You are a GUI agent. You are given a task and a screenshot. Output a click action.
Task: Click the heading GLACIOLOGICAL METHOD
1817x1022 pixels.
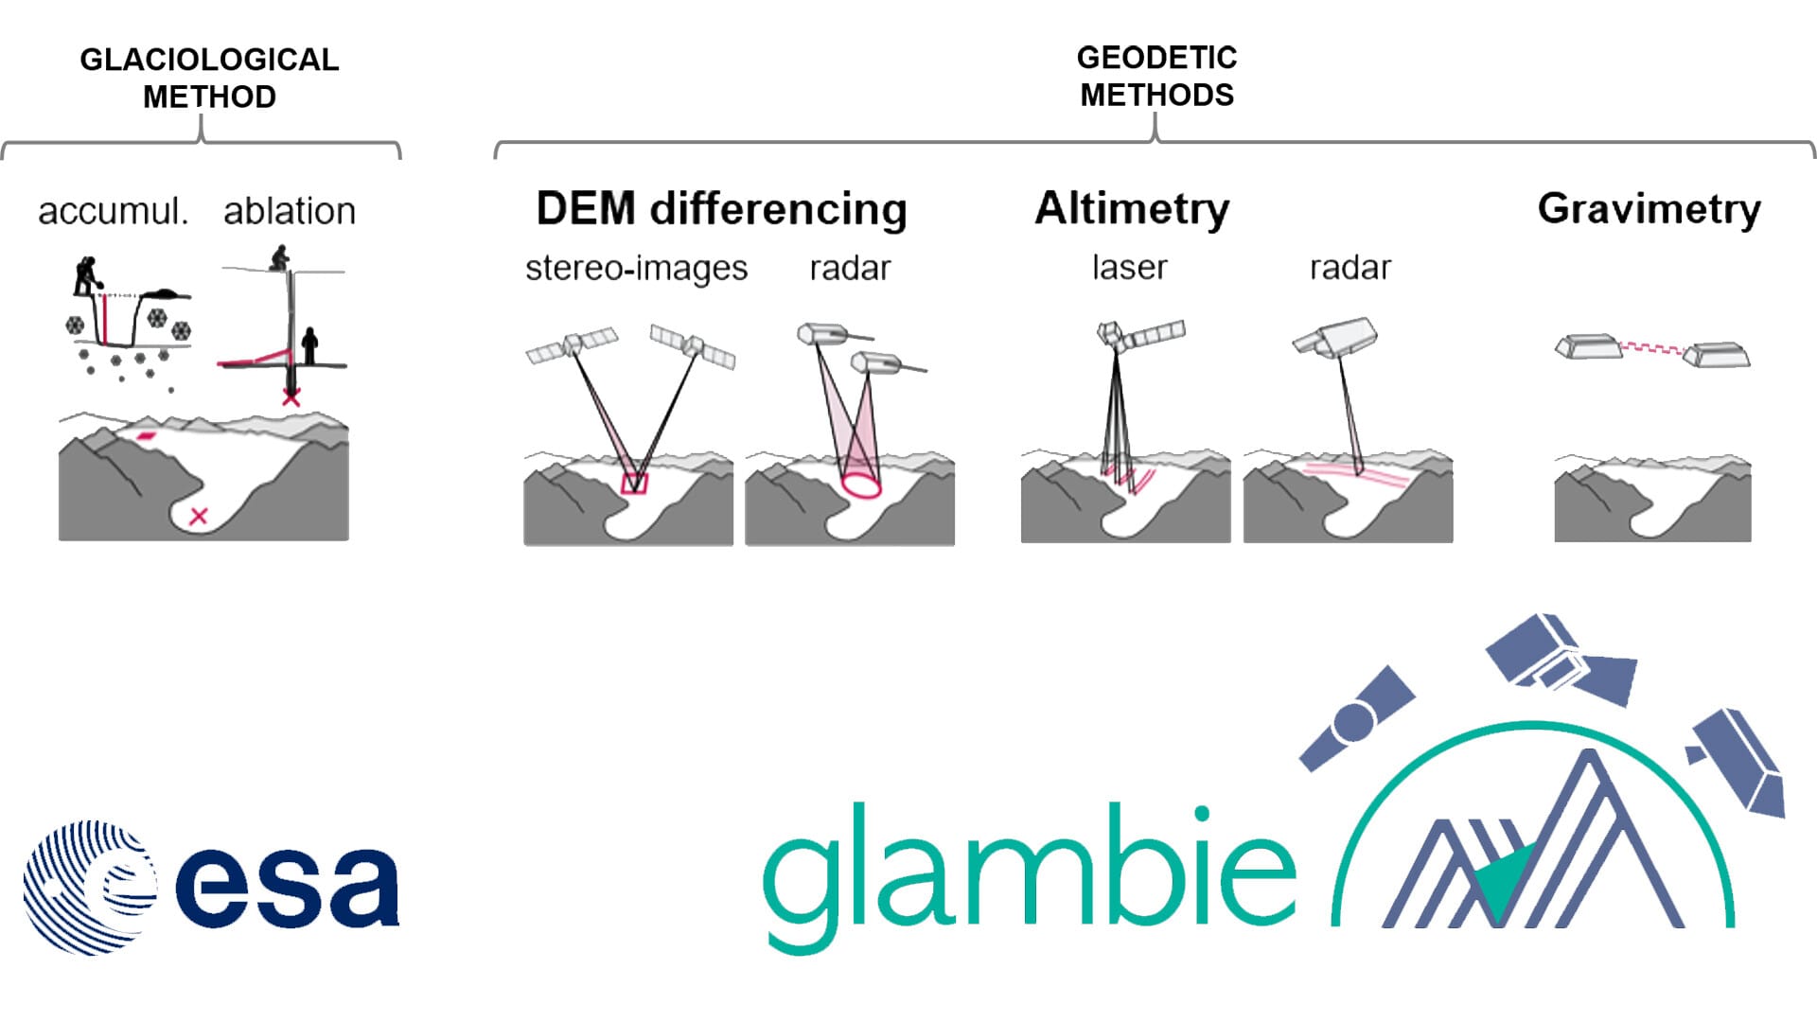coord(209,78)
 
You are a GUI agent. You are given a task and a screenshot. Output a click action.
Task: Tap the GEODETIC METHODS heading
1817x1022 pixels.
coord(1156,76)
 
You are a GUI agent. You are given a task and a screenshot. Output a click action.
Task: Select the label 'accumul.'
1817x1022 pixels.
coord(114,211)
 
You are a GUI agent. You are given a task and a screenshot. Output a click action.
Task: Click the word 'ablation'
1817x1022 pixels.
coord(290,211)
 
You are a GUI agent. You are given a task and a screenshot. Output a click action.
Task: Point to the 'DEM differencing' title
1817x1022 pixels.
coord(721,209)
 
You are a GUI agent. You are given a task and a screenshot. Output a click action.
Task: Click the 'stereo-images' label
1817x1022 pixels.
coord(636,269)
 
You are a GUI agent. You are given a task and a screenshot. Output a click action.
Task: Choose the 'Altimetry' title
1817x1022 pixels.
coord(1132,208)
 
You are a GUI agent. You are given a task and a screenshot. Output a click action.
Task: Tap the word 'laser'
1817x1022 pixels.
coord(1129,268)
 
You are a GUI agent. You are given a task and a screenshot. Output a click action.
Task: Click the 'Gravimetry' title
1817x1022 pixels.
coord(1649,208)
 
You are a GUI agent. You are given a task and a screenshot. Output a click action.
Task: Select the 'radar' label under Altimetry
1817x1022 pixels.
coord(1350,269)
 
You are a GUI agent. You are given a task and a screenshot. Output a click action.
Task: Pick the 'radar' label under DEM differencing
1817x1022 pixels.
coord(850,269)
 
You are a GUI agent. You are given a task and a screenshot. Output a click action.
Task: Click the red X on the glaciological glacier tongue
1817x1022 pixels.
coord(199,516)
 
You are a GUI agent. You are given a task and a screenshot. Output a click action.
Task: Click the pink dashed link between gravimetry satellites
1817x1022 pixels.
coord(1652,349)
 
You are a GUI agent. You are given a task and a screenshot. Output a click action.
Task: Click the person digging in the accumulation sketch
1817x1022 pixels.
coord(86,275)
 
